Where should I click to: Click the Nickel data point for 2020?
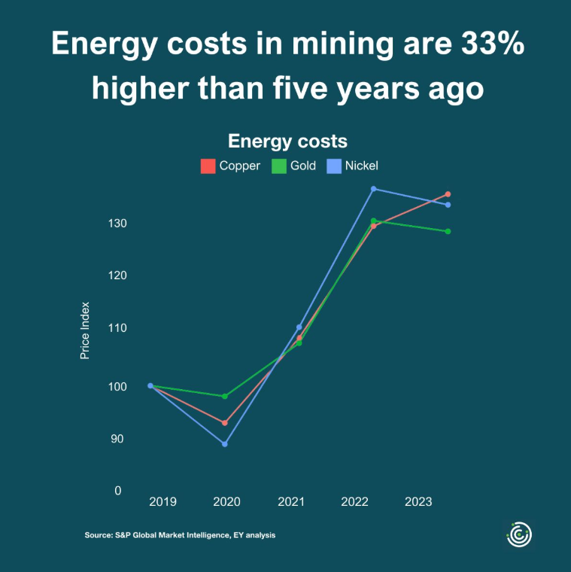(224, 444)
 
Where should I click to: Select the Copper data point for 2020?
(224, 423)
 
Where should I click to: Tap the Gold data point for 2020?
(224, 396)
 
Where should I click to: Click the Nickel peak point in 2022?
(373, 189)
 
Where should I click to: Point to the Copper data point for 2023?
(448, 194)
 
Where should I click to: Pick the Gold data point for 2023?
(448, 231)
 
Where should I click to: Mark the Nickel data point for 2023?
(448, 205)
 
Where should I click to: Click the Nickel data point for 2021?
(299, 327)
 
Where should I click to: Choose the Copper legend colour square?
(208, 166)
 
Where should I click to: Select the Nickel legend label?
(361, 166)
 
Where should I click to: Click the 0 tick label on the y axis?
(118, 491)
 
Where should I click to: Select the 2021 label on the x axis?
(290, 501)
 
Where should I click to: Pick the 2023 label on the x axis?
(418, 501)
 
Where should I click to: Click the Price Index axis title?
(85, 330)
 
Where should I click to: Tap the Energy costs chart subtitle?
(287, 141)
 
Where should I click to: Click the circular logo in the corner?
(518, 534)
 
